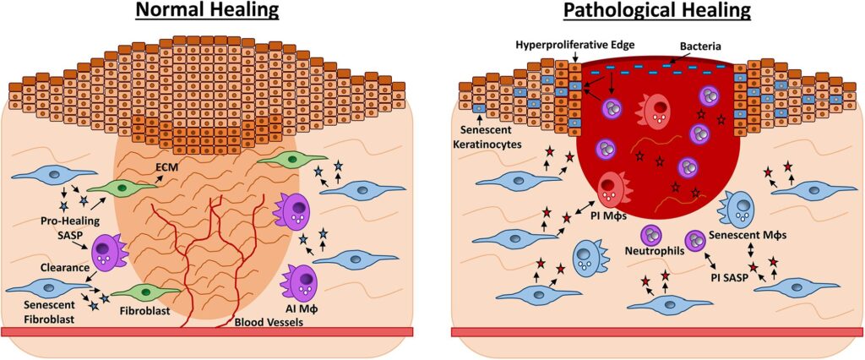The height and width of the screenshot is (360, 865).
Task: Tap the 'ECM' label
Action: click(x=166, y=167)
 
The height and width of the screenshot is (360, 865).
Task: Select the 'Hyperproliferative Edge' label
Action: click(x=560, y=43)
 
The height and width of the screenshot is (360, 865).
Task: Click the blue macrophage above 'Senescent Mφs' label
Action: click(x=740, y=206)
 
